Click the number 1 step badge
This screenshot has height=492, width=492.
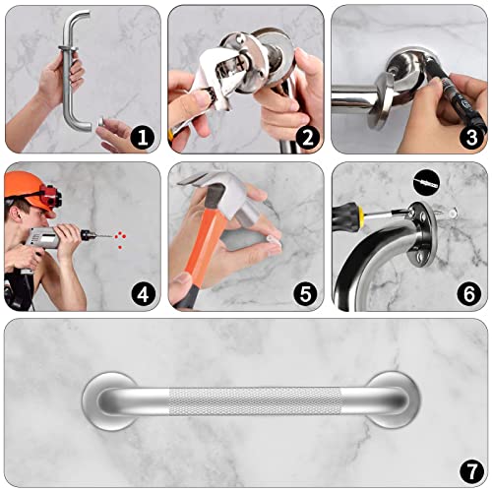tap(143, 139)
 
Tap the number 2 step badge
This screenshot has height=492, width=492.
tap(306, 139)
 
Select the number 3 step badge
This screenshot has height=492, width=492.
tap(469, 139)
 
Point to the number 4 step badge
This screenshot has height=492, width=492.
tap(143, 292)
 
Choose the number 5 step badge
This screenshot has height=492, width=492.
tap(306, 292)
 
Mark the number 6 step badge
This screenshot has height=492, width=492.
tap(469, 292)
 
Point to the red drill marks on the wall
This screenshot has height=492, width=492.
tap(117, 237)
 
